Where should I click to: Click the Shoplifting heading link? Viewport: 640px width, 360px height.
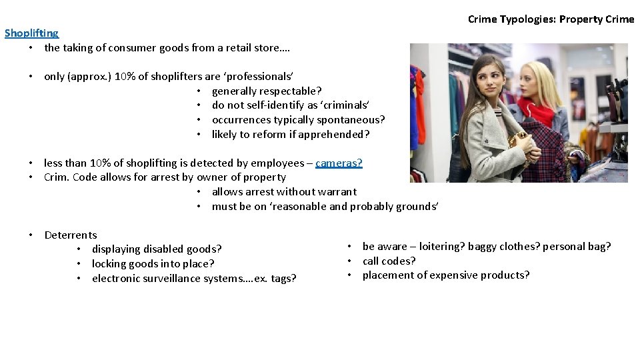pyautogui.click(x=31, y=33)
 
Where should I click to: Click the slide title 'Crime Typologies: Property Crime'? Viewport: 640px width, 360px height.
pyautogui.click(x=551, y=19)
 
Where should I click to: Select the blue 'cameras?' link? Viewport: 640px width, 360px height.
pyautogui.click(x=339, y=163)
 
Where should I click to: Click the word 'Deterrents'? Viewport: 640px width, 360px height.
pyautogui.click(x=71, y=235)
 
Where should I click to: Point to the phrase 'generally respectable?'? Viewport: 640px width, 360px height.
pyautogui.click(x=267, y=91)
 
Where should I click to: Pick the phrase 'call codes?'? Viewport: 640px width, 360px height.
pyautogui.click(x=389, y=261)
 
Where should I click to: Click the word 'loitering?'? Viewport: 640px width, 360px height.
pyautogui.click(x=442, y=247)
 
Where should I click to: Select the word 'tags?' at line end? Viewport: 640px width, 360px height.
pyautogui.click(x=283, y=279)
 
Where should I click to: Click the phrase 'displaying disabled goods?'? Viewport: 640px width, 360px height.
pyautogui.click(x=157, y=249)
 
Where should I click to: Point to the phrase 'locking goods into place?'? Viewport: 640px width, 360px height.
pyautogui.click(x=153, y=264)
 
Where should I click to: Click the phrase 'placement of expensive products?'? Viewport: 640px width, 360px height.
pyautogui.click(x=446, y=275)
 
